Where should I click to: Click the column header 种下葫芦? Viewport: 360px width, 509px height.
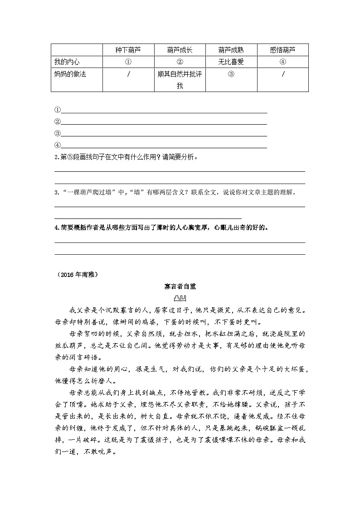click(128, 50)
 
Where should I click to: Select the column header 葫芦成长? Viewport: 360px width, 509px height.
click(180, 50)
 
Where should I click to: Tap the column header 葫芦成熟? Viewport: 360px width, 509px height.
click(231, 50)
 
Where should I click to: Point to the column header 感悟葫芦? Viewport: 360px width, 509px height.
click(282, 50)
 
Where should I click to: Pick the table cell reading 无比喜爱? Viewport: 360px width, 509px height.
click(231, 62)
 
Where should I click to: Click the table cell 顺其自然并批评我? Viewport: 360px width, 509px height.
click(180, 80)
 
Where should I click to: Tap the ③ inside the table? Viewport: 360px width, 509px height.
click(231, 74)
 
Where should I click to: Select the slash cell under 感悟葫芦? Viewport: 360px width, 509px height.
click(282, 74)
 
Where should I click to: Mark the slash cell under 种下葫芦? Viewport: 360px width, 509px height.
click(128, 74)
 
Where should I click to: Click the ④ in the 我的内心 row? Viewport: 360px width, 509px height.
click(282, 62)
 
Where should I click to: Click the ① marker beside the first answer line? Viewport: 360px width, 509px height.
click(58, 110)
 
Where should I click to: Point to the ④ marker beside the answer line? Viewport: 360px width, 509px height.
click(58, 145)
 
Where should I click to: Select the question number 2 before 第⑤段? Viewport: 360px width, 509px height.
click(56, 157)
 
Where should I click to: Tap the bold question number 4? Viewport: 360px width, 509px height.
click(56, 228)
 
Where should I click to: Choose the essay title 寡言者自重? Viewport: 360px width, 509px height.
click(180, 286)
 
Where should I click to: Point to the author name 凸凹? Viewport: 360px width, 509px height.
click(180, 298)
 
